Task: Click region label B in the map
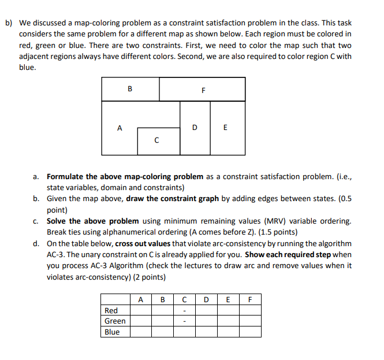(x=129, y=89)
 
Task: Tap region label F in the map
(x=203, y=90)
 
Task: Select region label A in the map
(x=120, y=128)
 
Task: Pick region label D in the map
(x=195, y=127)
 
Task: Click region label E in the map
(x=225, y=127)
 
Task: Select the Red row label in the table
(x=111, y=310)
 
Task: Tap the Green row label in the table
(x=114, y=321)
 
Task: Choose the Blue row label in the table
(x=112, y=332)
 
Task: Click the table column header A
(x=140, y=299)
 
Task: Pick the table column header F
(x=249, y=299)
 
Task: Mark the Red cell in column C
(x=184, y=310)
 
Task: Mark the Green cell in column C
(x=184, y=321)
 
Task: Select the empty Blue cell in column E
(x=228, y=332)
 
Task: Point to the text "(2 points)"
(x=148, y=277)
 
